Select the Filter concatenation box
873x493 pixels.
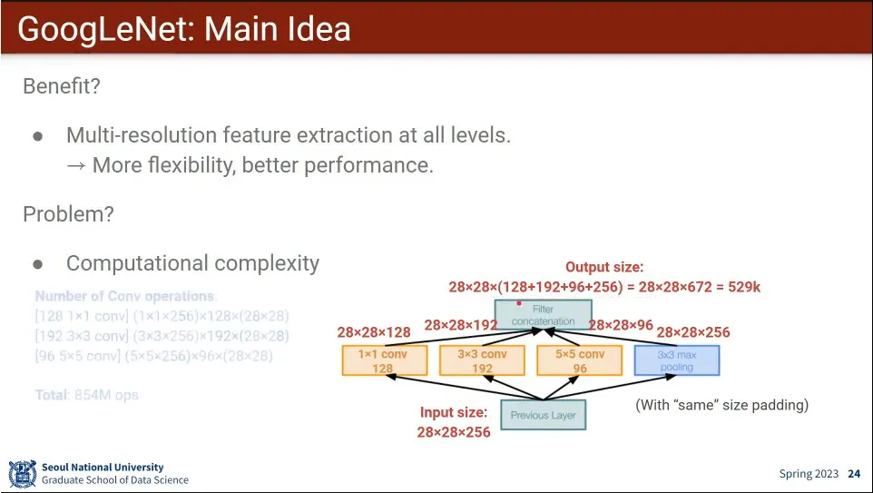click(543, 315)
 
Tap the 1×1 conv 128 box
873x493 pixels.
click(384, 360)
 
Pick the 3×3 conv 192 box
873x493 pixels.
click(481, 360)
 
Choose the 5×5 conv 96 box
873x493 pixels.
click(579, 360)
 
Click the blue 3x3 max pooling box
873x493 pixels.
click(676, 360)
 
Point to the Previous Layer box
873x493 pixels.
click(542, 415)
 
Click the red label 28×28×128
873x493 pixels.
click(374, 333)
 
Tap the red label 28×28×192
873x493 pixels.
click(461, 325)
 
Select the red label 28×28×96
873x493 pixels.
click(621, 325)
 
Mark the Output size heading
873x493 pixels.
click(604, 267)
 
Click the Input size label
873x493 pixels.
click(453, 412)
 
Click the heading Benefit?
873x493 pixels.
click(61, 87)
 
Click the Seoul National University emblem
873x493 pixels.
click(23, 473)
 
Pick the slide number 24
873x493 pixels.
click(854, 474)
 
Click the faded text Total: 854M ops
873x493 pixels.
click(87, 395)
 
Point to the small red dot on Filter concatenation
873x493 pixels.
click(519, 302)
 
